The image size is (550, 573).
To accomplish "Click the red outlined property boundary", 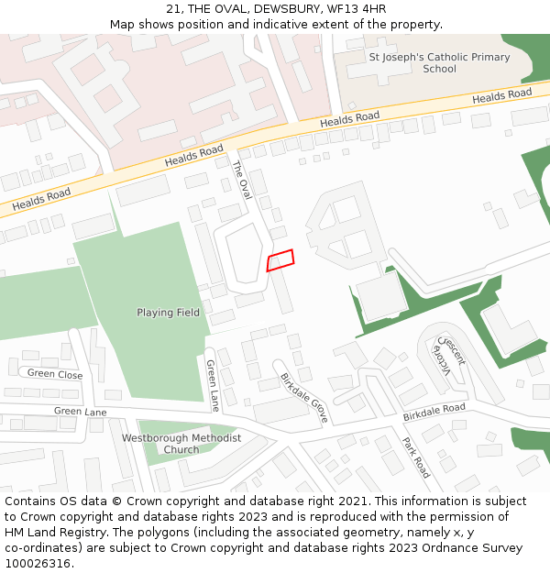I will [280, 260].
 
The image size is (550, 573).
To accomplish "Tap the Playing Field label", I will [168, 313].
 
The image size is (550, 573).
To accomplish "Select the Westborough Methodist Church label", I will [181, 444].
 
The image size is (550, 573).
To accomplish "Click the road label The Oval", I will [241, 180].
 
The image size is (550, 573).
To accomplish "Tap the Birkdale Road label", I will [434, 413].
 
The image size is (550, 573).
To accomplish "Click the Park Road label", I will [415, 457].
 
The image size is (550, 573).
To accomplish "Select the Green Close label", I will [55, 374].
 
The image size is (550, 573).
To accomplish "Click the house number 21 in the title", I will [173, 9].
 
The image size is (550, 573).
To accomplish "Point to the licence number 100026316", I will [38, 563].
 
